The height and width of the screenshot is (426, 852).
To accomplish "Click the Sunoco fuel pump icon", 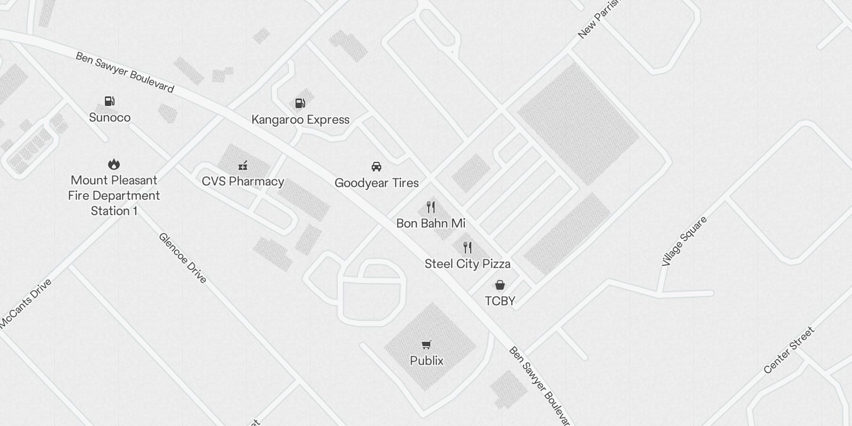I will coord(110,101).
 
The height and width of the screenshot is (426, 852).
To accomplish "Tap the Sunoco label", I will coord(110,118).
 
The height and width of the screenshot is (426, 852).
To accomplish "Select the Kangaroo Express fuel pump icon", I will coord(300,103).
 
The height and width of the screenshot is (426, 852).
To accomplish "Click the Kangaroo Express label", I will coord(300,120).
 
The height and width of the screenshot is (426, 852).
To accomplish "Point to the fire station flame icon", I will coord(114,164).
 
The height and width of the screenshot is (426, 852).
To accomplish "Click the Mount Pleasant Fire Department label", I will coord(114,195).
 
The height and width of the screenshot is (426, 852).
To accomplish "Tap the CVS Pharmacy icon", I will coord(243,165).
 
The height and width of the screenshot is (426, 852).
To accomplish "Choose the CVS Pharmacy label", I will coord(243,182).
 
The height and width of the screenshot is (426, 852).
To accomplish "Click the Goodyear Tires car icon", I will coord(376,167).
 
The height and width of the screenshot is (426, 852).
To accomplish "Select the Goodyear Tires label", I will coord(376,183).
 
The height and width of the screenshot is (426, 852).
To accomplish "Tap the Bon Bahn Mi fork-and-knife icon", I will coord(431,207).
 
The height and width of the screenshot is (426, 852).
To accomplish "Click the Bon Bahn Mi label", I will coord(431,223).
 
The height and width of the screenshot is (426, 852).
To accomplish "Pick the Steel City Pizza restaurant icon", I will coord(468,247).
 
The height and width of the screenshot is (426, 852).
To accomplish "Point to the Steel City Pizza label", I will coord(468,264).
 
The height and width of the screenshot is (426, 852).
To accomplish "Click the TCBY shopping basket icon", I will coord(500,285).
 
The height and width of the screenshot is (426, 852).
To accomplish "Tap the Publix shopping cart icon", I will coord(427,345).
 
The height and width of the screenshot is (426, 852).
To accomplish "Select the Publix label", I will coord(427,361).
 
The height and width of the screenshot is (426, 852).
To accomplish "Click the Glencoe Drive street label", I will coord(183,258).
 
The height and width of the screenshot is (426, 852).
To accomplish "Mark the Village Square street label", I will coord(684,241).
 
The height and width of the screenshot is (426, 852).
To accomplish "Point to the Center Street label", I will coord(789,350).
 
